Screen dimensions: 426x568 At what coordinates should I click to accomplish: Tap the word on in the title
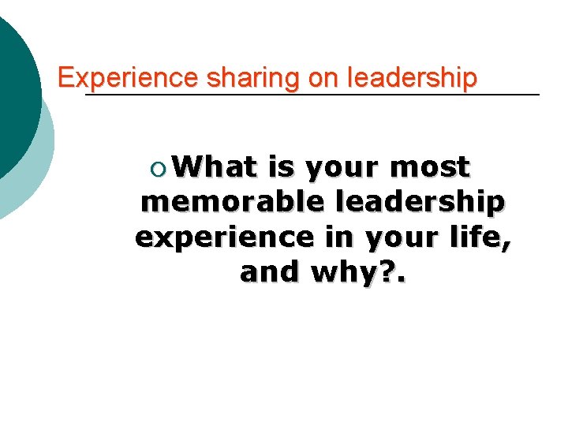click(x=306, y=78)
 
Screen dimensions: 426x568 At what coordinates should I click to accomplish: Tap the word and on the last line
click(x=270, y=272)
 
